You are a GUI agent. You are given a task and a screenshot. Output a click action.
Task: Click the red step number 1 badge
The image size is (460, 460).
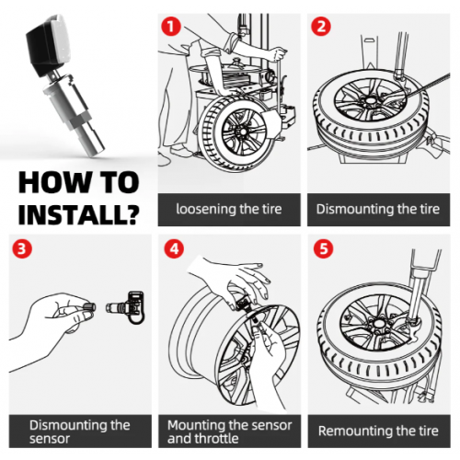pos(171,26)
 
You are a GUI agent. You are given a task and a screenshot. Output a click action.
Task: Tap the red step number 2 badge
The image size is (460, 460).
pos(321,26)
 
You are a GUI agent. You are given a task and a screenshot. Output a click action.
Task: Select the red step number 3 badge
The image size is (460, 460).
pos(22,248)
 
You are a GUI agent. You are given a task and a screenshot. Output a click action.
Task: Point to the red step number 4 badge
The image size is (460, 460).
pos(174,248)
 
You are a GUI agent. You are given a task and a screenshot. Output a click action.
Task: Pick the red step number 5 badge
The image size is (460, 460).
pos(324,248)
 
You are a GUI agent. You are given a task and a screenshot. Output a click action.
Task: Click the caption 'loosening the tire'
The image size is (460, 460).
pos(229,209)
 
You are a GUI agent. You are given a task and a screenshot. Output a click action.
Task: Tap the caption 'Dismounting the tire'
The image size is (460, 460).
pos(378,209)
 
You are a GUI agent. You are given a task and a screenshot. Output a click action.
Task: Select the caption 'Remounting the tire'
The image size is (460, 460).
pos(378,431)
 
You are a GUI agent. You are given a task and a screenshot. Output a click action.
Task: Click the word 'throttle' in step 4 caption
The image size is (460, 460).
pos(219,439)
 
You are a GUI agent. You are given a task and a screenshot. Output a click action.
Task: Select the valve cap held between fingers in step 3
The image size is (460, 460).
pos(89,306)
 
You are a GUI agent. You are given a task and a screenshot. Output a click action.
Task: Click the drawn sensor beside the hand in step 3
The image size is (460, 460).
pos(125,307)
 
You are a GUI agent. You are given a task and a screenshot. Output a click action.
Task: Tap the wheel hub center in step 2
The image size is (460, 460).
pos(371,100)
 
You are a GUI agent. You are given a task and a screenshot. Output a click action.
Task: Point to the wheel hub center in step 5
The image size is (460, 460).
pos(379,323)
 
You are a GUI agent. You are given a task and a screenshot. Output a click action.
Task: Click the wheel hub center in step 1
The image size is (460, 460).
pos(243,132)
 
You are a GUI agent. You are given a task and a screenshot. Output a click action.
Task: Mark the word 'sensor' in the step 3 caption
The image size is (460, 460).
pos(50,439)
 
